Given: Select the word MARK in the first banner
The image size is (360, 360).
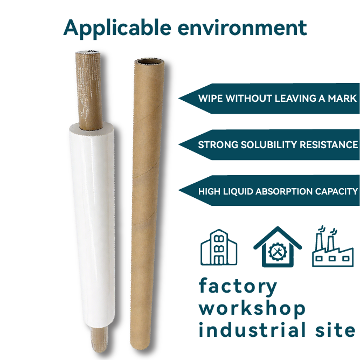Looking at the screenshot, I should click(x=343, y=99).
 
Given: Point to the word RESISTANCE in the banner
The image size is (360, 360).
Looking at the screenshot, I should click(x=328, y=145).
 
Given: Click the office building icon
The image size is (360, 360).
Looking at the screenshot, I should click(x=219, y=247).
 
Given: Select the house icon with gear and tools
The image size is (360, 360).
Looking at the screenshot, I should click(x=277, y=247).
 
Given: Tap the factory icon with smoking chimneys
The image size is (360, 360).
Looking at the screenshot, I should click(x=333, y=247).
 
